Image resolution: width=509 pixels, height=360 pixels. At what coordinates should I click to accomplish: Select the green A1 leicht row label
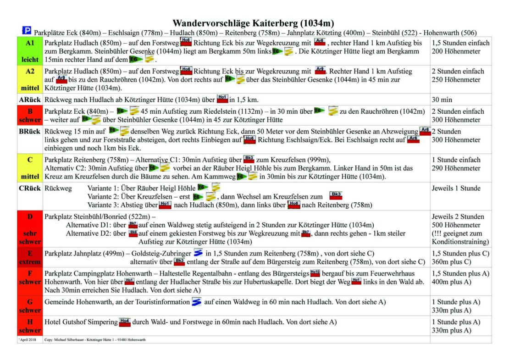pyautogui.click(x=30, y=51)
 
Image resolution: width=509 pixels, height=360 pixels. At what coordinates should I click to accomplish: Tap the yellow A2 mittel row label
pyautogui.click(x=30, y=79)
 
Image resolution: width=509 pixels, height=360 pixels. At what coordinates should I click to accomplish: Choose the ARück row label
pyautogui.click(x=30, y=99)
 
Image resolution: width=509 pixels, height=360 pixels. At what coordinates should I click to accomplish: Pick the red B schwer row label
pyautogui.click(x=30, y=115)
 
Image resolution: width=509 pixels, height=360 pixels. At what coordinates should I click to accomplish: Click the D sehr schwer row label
pyautogui.click(x=30, y=229)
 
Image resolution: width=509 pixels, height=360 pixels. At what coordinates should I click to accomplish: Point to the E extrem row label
pyautogui.click(x=30, y=257)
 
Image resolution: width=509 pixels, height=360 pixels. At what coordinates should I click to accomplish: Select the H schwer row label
pyautogui.click(x=30, y=326)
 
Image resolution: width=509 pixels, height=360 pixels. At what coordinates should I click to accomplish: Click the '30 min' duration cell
pyautogui.click(x=441, y=99)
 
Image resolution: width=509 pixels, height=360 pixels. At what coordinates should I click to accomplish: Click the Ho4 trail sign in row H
pyautogui.click(x=125, y=322)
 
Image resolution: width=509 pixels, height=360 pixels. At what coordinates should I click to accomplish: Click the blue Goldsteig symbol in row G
pyautogui.click(x=197, y=302)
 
